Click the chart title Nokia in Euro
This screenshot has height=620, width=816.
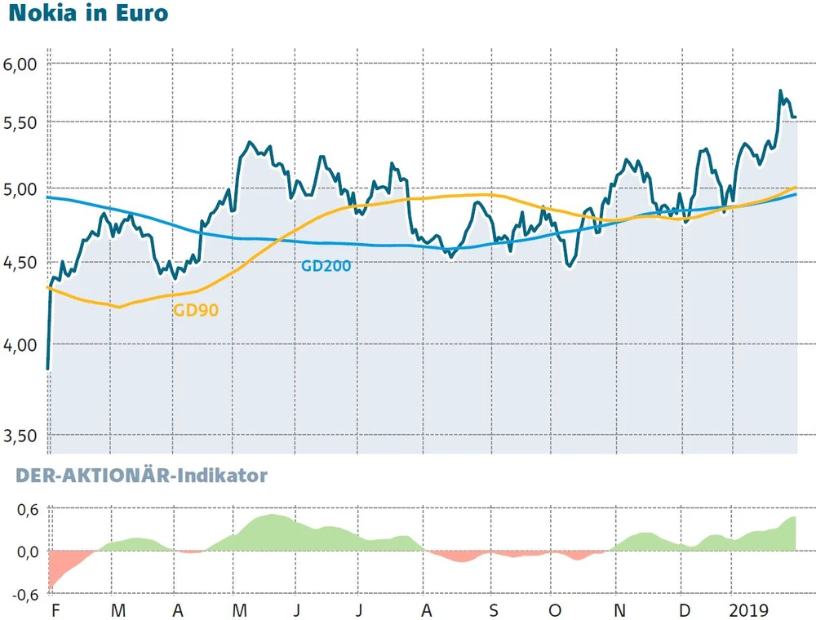tap(87, 14)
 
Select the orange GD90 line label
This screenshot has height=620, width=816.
tap(196, 310)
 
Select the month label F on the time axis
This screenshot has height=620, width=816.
tap(55, 611)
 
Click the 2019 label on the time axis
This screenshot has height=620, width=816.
tap(749, 611)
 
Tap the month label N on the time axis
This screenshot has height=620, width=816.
tap(619, 611)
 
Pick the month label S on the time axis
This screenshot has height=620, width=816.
tap(493, 611)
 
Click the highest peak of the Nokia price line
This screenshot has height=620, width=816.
tap(780, 91)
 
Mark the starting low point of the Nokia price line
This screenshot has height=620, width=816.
tap(49, 369)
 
